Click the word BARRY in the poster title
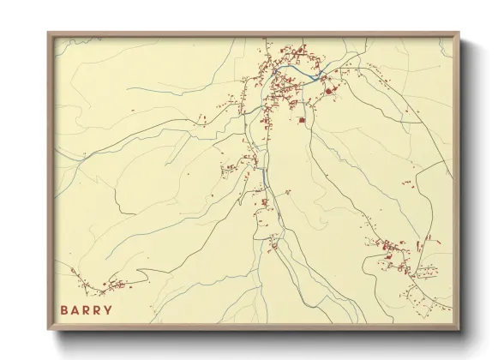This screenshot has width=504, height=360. [87, 309]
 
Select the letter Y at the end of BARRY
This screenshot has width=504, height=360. [108, 309]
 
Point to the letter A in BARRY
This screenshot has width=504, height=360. [75, 309]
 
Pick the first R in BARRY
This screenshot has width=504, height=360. [87, 309]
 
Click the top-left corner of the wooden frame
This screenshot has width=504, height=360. [48, 33]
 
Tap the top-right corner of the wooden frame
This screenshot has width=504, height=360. [459, 33]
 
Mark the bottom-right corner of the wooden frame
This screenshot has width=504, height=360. [459, 329]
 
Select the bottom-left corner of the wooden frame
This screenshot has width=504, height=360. [48, 329]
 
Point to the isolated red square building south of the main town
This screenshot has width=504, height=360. [302, 120]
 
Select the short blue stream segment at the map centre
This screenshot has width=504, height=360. [263, 177]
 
